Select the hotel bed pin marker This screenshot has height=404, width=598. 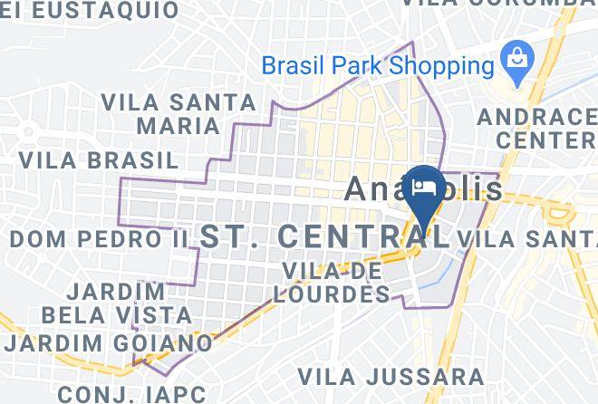[x=424, y=188]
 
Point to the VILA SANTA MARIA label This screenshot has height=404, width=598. [x=160, y=112]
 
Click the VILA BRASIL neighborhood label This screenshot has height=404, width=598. [x=99, y=160]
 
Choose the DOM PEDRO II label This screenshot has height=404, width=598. [x=99, y=239]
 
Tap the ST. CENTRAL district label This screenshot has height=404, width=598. [x=324, y=236]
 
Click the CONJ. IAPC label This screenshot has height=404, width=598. [x=132, y=393]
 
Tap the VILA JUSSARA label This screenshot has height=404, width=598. [x=391, y=375]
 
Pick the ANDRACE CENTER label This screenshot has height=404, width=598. [x=536, y=129]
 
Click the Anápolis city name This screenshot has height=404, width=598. [x=425, y=188]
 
